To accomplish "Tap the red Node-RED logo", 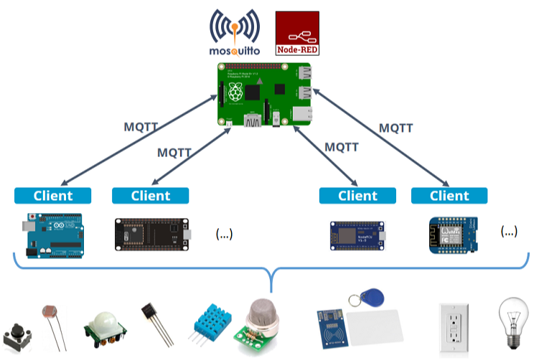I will pyautogui.click(x=298, y=33).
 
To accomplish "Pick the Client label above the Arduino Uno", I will pyautogui.click(x=53, y=196).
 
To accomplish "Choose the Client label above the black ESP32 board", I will pyautogui.click(x=151, y=196).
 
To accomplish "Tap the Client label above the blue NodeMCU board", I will pyautogui.click(x=357, y=196).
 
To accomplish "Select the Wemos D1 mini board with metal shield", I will pyautogui.click(x=452, y=232).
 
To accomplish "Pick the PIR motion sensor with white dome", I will pyautogui.click(x=103, y=326).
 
